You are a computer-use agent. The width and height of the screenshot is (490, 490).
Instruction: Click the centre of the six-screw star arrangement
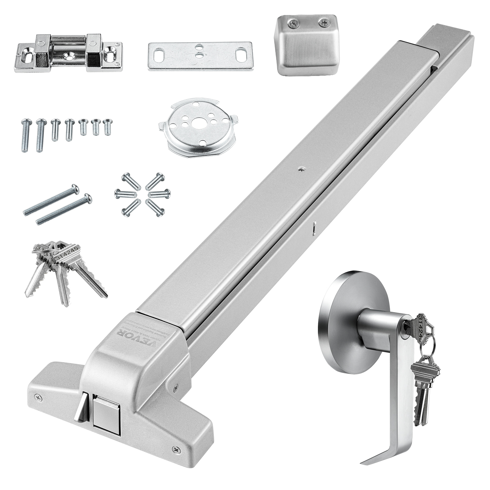143,194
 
